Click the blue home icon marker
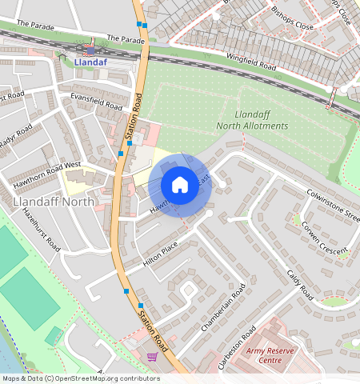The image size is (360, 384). tap(180, 185)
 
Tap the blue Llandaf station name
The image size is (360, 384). tap(90, 60)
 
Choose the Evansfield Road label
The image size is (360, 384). tap(96, 101)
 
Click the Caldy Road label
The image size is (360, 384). tap(301, 284)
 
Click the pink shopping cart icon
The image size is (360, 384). tap(152, 356)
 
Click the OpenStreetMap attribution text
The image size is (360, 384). tap(80, 378)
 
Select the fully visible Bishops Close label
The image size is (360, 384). tap(293, 26)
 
